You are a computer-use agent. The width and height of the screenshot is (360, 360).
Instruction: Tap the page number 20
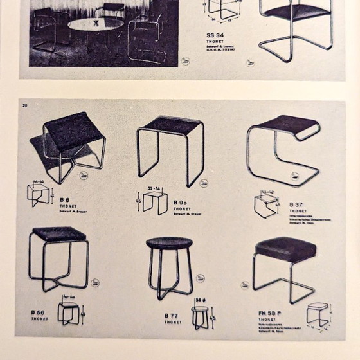[25, 105]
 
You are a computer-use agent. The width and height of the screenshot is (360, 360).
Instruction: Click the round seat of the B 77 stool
[169, 242]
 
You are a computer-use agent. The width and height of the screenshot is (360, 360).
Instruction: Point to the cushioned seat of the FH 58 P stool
[284, 246]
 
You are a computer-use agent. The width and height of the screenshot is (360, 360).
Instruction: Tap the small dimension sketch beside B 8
[39, 193]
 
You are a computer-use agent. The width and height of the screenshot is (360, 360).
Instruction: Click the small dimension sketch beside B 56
[69, 312]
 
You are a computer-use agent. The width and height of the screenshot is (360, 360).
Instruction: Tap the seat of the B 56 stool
[59, 235]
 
